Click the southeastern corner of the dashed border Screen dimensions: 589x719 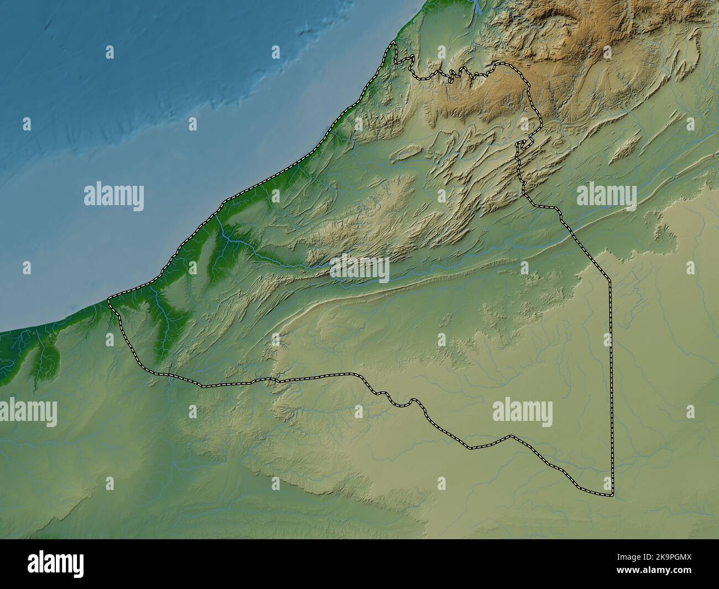613,494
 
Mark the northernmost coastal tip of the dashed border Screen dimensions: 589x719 393,43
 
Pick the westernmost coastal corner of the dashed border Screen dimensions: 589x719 109,300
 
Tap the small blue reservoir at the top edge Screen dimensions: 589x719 476,7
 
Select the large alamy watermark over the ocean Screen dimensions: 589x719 114,196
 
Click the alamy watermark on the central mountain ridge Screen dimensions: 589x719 359,269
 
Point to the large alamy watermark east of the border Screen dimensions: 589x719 606,196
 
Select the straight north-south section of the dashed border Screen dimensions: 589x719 612,387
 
